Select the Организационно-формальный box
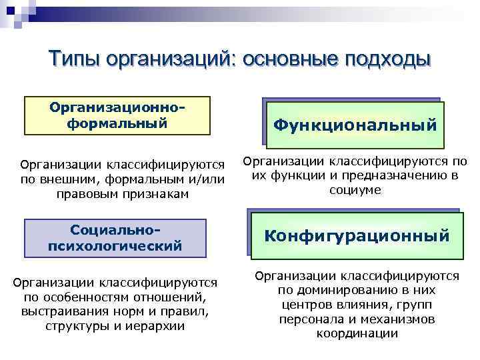[117, 115]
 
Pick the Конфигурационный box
[357, 235]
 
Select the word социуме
[355, 190]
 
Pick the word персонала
[306, 319]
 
